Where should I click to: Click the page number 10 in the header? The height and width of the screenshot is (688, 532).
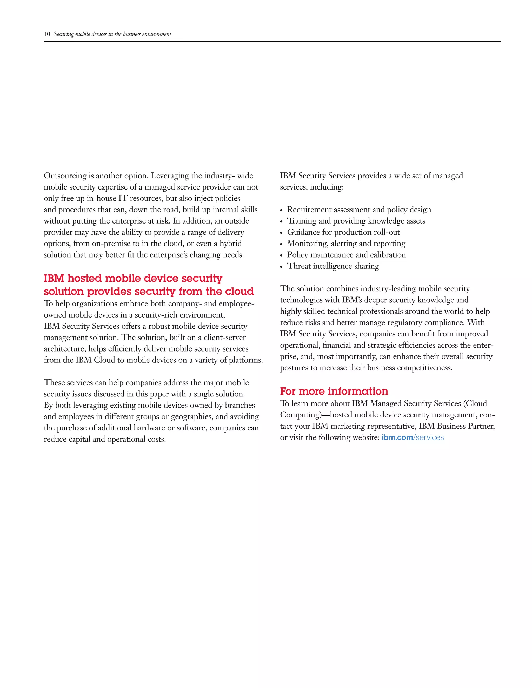[x=47, y=34]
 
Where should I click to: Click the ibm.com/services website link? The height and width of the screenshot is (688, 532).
[x=413, y=437]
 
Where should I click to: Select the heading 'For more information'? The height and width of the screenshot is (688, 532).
[x=334, y=391]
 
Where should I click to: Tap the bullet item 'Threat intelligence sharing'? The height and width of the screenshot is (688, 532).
[x=333, y=266]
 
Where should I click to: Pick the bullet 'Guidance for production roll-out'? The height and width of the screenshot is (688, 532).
[x=343, y=232]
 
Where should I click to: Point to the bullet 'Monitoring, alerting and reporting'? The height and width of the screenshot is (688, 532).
[x=346, y=244]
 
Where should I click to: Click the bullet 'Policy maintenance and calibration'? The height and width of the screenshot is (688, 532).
[x=346, y=255]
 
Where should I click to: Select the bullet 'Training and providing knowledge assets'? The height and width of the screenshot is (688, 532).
[x=356, y=221]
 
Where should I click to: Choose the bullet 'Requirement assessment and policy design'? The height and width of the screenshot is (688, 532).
[x=359, y=210]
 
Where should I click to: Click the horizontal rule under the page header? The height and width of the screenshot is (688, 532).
[x=272, y=41]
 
